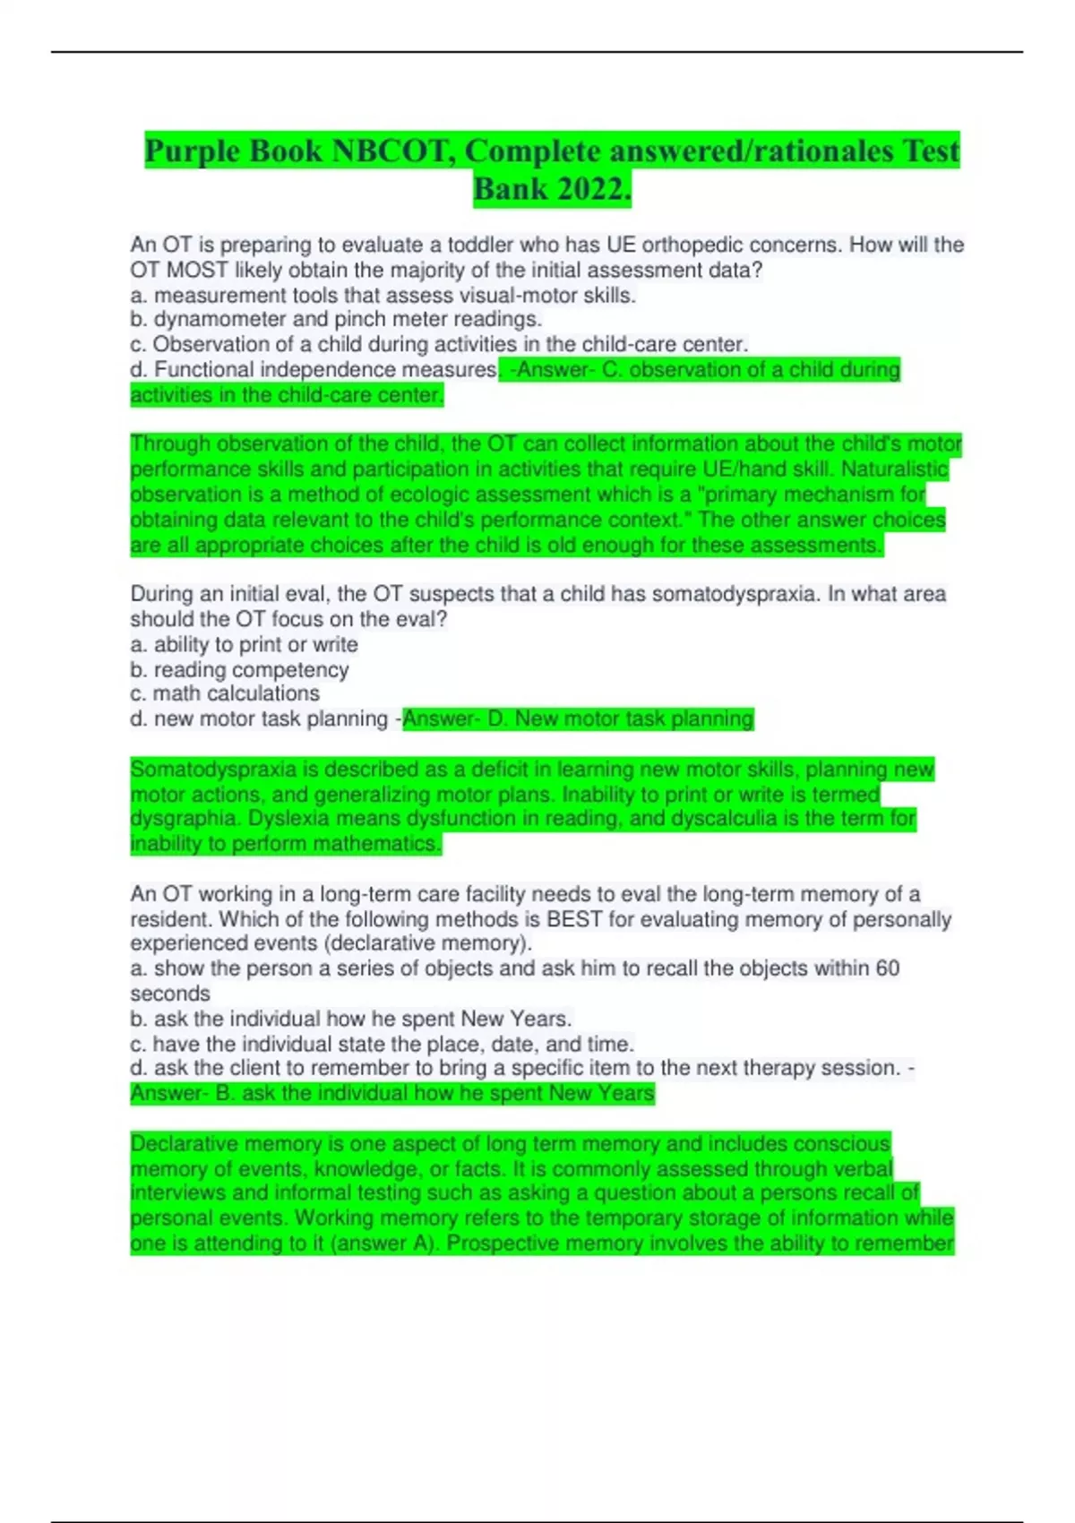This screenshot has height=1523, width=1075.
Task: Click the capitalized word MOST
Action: (x=197, y=270)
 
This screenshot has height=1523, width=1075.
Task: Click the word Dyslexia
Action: (x=288, y=819)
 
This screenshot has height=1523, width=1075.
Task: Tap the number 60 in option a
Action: (x=887, y=968)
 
